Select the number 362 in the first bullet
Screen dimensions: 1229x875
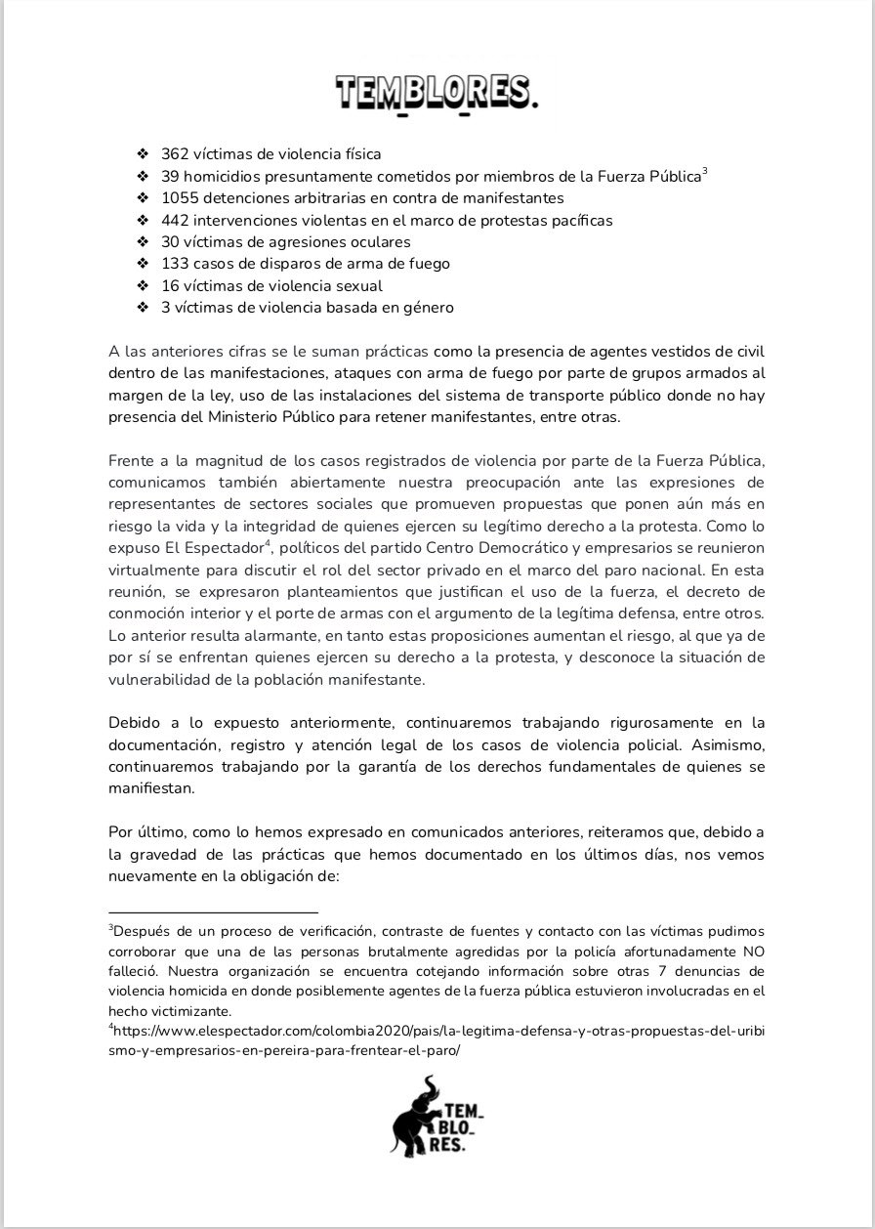click(175, 154)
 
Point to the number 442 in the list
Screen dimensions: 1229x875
click(176, 220)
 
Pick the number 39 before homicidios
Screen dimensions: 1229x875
click(171, 177)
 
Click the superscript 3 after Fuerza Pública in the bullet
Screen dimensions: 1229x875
click(705, 172)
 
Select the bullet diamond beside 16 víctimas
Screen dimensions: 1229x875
click(142, 286)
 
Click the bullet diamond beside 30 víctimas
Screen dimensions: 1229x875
click(142, 242)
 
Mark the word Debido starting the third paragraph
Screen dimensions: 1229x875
click(136, 725)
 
